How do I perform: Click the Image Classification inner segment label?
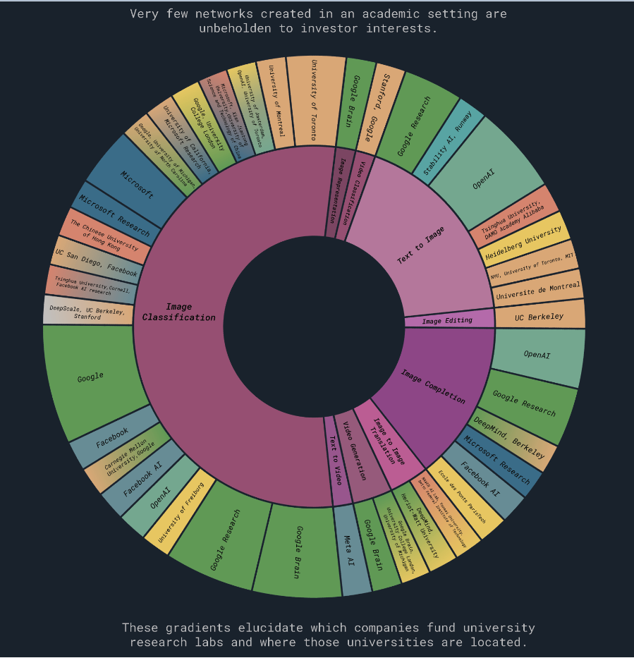click(178, 312)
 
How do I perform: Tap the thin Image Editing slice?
click(448, 321)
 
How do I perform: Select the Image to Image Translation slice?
click(385, 441)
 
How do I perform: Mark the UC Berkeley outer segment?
click(539, 317)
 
